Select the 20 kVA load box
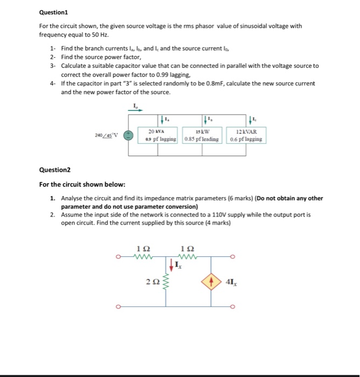pos(157,135)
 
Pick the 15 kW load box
pos(202,135)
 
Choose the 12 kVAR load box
pos(246,135)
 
